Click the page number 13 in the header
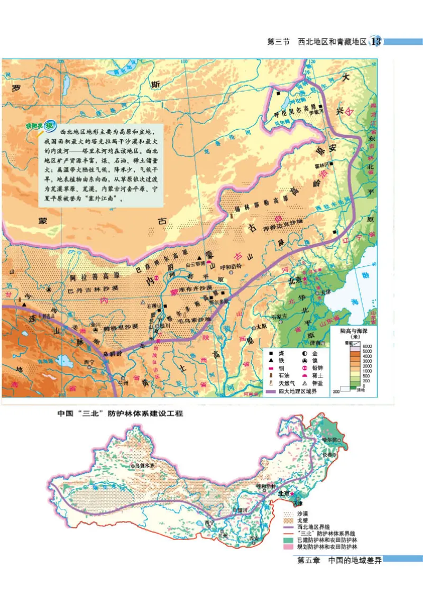[377, 41]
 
